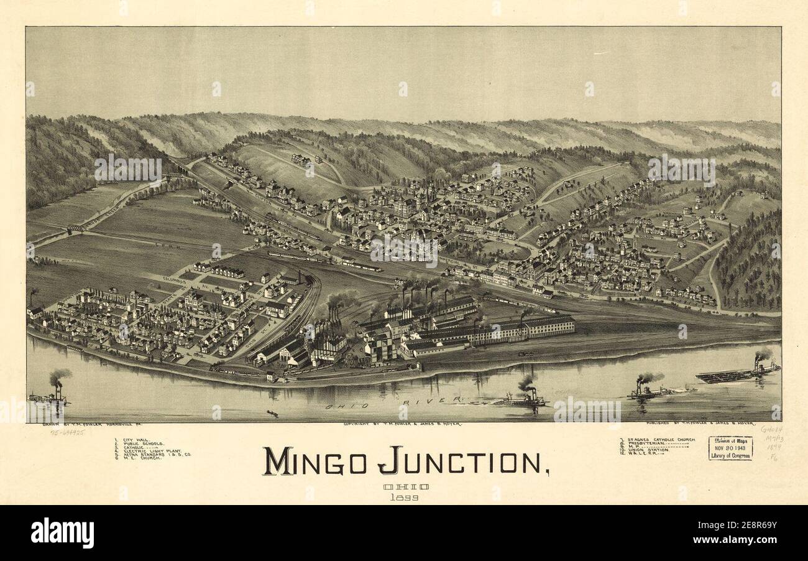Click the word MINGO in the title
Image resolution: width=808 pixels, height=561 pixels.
(318, 461)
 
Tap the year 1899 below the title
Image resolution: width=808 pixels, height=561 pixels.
(404, 497)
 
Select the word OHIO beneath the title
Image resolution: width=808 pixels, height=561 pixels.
(405, 487)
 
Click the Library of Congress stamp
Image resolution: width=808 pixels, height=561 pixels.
(730, 448)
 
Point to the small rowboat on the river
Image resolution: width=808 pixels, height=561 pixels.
(272, 413)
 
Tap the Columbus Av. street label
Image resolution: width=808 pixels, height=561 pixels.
(175, 279)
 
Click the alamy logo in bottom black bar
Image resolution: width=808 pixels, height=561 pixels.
(62, 533)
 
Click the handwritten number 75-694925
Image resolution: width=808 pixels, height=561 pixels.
(68, 431)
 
